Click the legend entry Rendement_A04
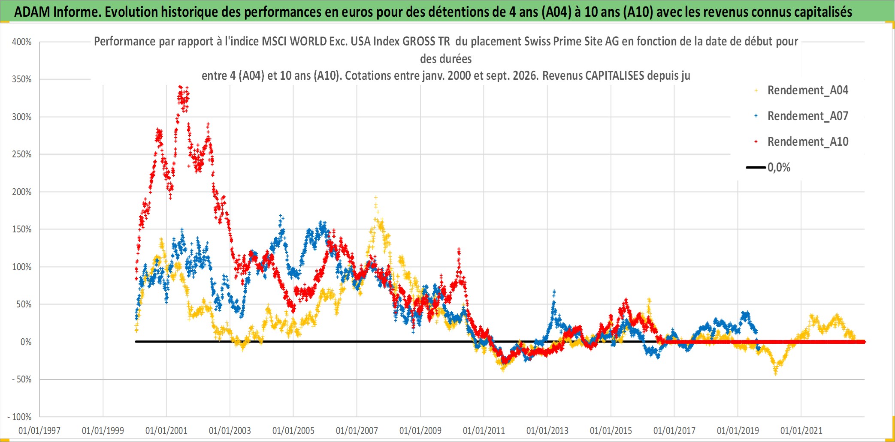(x=801, y=90)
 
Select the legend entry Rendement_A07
(x=801, y=116)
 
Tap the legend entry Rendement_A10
(x=801, y=142)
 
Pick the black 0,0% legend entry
(x=768, y=167)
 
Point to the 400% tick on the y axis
(x=22, y=42)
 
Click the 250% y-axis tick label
(x=22, y=154)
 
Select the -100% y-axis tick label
(x=20, y=417)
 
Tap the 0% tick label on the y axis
(x=26, y=342)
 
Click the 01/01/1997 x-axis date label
(x=39, y=430)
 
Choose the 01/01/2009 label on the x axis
(x=420, y=430)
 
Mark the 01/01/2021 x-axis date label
(x=801, y=430)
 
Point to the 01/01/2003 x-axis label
(x=230, y=430)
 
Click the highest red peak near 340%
(x=180, y=87)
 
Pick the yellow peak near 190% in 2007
(x=376, y=198)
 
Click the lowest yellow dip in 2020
(x=776, y=373)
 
